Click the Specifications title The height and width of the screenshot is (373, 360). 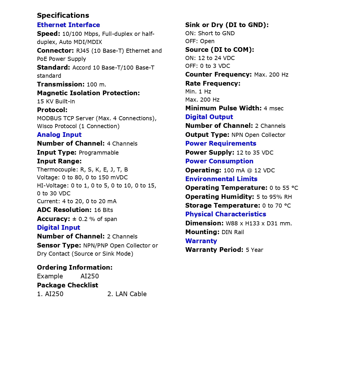pos(63,15)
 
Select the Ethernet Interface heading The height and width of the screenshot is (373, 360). pos(68,25)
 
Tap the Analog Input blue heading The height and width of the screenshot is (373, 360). pos(59,135)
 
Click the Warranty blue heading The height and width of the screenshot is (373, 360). pos(201,241)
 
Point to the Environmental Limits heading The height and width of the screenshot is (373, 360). pos(221,179)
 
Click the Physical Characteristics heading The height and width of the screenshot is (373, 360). pos(225,214)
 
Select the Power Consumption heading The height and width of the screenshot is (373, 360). pos(219,161)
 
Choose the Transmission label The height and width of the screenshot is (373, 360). pos(60,84)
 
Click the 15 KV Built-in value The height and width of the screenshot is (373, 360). pos(56,102)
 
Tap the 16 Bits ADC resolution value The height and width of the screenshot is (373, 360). pos(104,210)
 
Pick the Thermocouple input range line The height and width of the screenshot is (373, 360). pos(82,170)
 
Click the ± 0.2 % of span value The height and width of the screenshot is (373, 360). pos(95,219)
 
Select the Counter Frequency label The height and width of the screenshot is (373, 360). pos(218,75)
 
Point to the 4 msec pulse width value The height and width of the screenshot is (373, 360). pos(273,109)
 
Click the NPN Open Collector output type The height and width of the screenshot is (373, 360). pos(258,135)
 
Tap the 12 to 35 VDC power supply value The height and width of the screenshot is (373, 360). pos(255,153)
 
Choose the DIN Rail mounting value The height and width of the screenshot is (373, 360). pos(233,232)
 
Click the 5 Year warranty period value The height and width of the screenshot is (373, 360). pos(254,250)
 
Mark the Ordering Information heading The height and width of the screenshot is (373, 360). pos(74,268)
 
